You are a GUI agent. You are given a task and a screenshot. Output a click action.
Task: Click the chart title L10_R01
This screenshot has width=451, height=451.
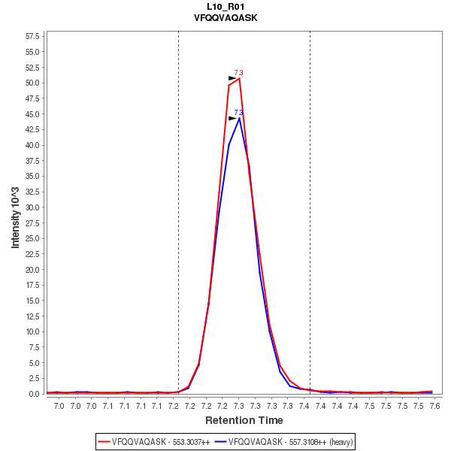point(225,7)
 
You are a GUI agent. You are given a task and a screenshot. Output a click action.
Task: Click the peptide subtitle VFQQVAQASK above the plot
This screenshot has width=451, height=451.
point(225,17)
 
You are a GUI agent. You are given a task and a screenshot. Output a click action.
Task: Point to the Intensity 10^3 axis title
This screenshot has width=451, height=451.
point(16,213)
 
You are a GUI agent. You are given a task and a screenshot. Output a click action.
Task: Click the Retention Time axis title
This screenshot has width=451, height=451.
point(244,420)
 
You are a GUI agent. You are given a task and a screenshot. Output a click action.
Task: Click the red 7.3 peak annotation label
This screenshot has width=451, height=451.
point(239,73)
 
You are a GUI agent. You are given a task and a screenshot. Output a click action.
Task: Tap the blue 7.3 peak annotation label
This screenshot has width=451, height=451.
point(239,113)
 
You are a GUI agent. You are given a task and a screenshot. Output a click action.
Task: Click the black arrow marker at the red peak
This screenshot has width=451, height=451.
point(232,78)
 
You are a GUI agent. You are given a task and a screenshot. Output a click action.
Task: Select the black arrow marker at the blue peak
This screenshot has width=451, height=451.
point(232,118)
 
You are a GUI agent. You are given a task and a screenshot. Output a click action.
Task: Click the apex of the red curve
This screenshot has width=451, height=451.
point(239,78)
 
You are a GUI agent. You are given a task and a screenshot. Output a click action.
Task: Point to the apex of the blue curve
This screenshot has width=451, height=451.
point(239,118)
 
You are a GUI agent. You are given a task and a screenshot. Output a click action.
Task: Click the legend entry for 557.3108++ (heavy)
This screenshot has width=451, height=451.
point(283,442)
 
